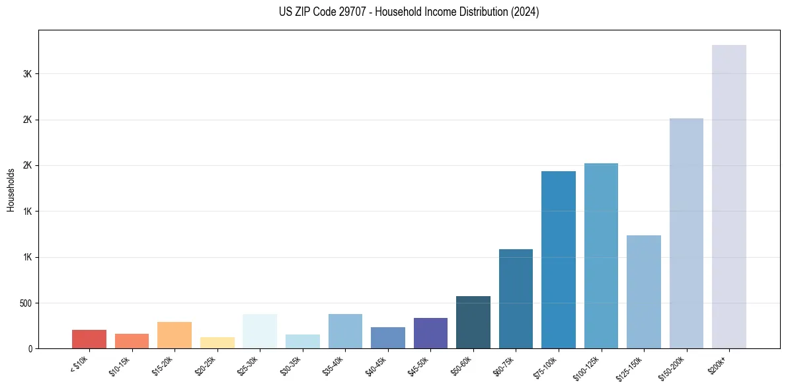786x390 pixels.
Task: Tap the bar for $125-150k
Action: [x=643, y=292]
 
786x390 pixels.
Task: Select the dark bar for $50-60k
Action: [x=473, y=322]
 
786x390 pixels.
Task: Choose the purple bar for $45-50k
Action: [x=430, y=333]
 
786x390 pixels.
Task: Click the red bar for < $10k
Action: [x=89, y=339]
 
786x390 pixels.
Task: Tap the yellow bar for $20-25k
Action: [x=217, y=342]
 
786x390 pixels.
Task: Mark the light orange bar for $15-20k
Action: [x=175, y=335]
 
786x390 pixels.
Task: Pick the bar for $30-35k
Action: [x=303, y=341]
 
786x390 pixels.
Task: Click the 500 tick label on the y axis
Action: [x=24, y=303]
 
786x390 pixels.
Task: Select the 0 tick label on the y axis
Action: [x=30, y=349]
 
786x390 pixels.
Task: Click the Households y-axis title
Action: [x=11, y=190]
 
